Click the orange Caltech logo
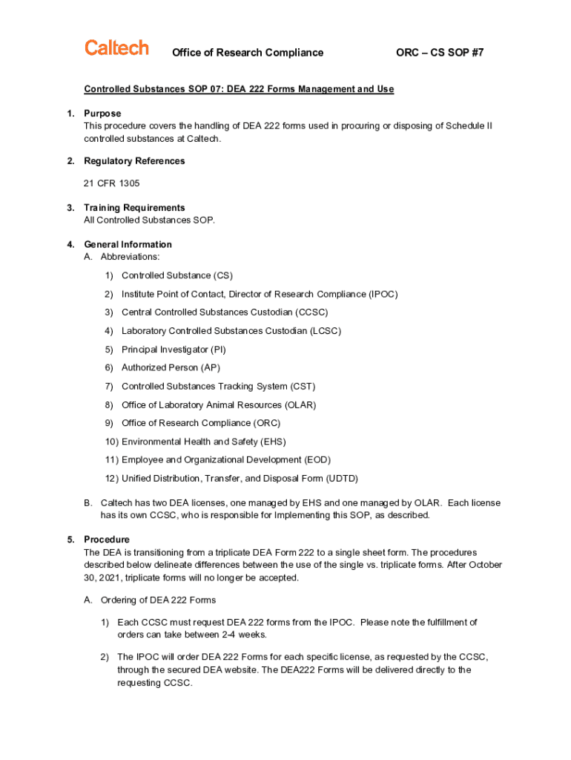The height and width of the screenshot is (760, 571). click(116, 48)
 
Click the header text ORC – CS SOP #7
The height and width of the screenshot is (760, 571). click(440, 53)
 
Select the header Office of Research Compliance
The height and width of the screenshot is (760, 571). click(248, 53)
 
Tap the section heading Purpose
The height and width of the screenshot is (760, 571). click(102, 114)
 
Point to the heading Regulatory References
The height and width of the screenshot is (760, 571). click(134, 161)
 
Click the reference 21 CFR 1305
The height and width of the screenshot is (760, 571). click(112, 183)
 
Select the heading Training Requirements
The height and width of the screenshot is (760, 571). click(134, 208)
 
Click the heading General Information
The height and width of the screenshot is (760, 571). click(128, 244)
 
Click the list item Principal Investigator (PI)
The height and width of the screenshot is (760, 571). click(174, 350)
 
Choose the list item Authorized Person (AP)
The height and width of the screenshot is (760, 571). click(171, 367)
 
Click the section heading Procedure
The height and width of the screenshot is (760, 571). click(107, 540)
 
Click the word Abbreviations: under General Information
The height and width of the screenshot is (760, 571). click(130, 257)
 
